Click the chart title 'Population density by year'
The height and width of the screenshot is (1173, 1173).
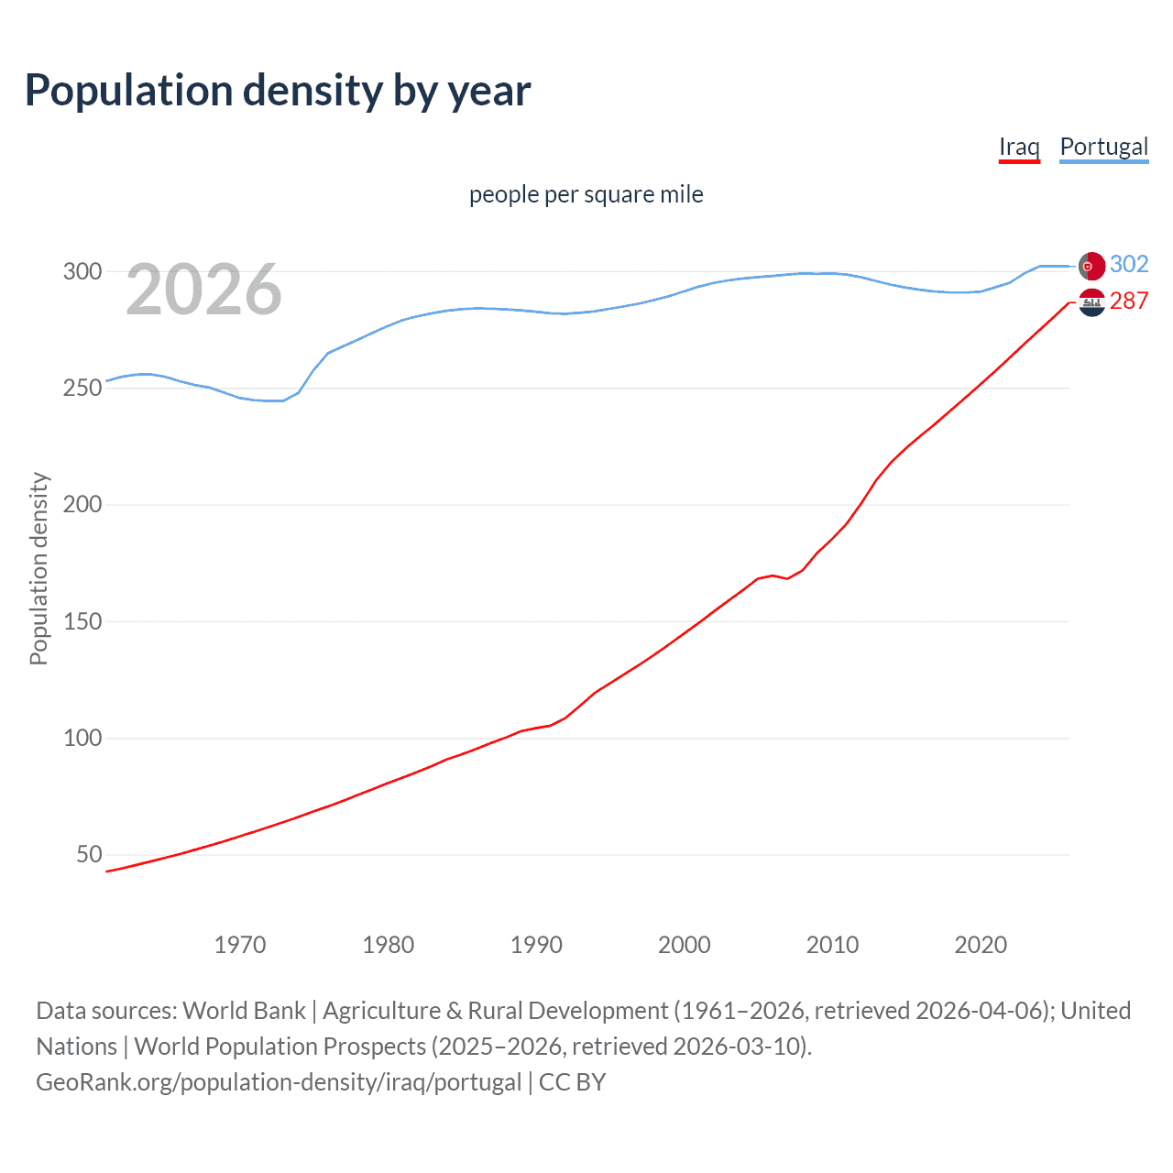click(278, 91)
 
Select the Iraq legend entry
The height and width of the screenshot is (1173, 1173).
click(1019, 147)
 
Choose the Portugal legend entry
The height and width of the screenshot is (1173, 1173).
click(1103, 147)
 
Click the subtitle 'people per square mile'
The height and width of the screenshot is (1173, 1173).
click(586, 194)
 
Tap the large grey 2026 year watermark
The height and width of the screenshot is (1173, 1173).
click(203, 290)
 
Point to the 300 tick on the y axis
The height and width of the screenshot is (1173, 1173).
click(82, 271)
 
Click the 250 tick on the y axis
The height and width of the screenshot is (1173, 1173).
click(82, 388)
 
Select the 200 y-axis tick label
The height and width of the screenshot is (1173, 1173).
click(82, 504)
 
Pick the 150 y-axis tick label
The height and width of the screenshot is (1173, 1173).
click(82, 621)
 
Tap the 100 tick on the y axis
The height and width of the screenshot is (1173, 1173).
click(82, 738)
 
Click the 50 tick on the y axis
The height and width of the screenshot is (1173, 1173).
click(89, 854)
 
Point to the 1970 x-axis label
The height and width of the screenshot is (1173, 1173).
click(240, 945)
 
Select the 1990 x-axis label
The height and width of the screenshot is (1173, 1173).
click(536, 945)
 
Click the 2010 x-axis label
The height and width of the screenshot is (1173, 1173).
click(832, 945)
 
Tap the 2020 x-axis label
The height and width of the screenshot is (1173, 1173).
click(981, 945)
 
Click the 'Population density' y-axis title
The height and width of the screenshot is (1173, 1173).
click(38, 568)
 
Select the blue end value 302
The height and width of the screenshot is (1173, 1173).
click(1129, 265)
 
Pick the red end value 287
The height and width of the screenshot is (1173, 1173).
click(1129, 301)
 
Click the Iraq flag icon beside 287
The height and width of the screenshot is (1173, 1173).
click(1091, 301)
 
